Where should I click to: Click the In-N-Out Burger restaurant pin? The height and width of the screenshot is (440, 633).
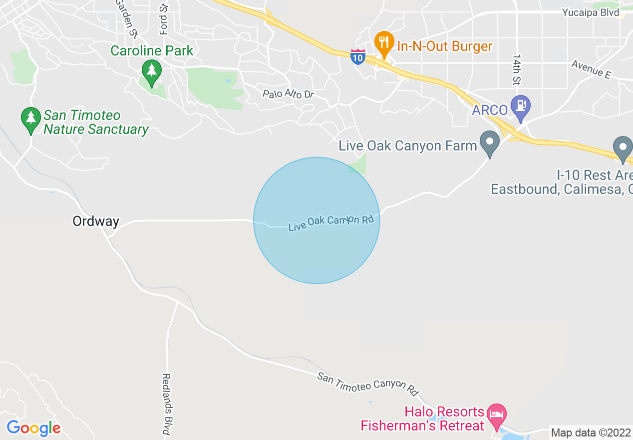pos(383,43)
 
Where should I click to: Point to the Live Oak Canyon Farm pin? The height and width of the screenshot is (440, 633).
pos(489,143)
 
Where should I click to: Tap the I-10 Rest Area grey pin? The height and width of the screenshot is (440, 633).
pos(623,149)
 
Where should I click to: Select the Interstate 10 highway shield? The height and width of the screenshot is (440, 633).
pos(357,56)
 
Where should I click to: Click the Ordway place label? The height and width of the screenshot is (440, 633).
pos(96,221)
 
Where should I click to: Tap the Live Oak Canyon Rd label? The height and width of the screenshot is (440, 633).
pos(331,223)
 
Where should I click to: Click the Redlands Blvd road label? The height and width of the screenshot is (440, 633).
pos(167,404)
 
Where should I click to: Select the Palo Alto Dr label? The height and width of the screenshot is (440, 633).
pos(288,93)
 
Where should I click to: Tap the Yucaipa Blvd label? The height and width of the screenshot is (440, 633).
pos(591,12)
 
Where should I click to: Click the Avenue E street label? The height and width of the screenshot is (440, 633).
pos(591,69)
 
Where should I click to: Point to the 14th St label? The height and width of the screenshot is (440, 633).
pos(516,70)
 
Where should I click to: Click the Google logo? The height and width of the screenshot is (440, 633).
pos(33,428)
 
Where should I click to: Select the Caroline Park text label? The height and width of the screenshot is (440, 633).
pos(152,50)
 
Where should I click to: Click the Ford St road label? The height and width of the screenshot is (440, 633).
pos(163,20)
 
